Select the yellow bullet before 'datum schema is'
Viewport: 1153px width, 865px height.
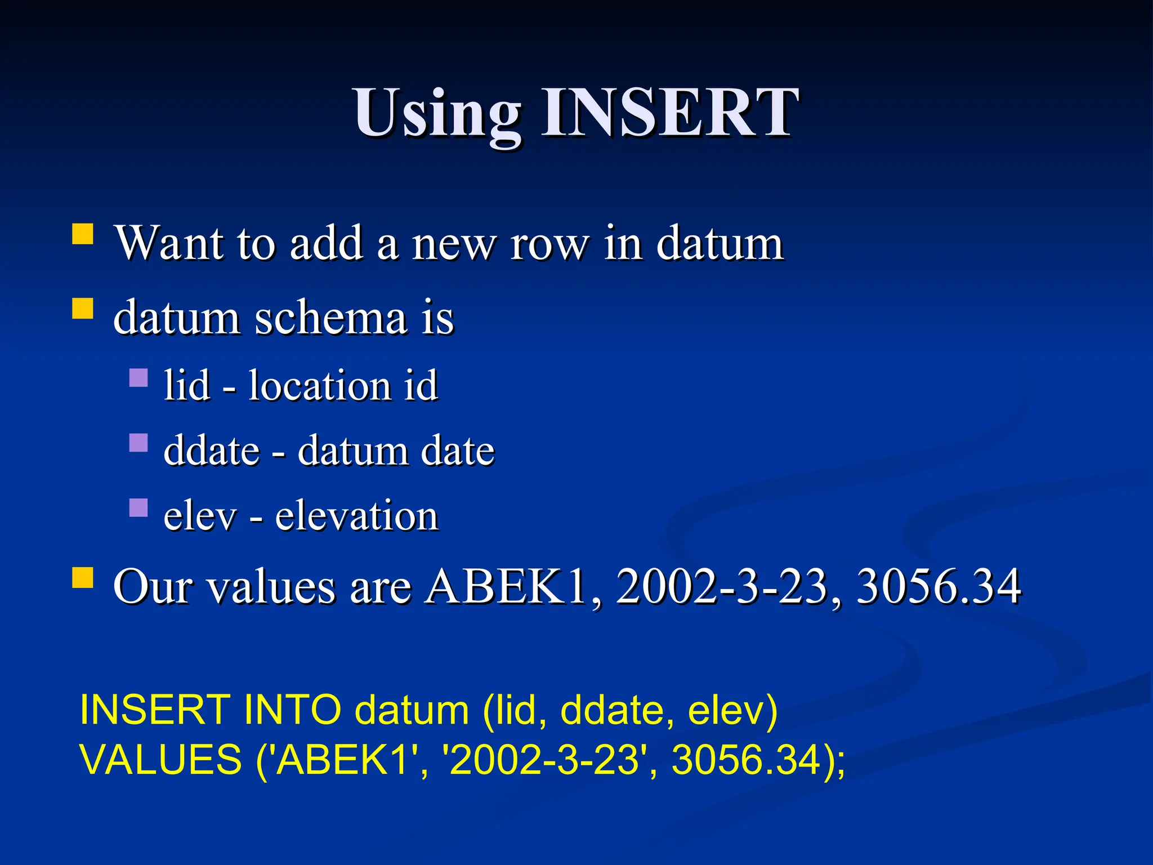(83, 309)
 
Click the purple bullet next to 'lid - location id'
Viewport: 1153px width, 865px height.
(138, 377)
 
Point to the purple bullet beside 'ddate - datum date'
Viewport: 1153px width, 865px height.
(138, 443)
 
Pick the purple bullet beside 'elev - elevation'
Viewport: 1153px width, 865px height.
(138, 507)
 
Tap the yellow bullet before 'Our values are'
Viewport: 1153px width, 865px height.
(83, 578)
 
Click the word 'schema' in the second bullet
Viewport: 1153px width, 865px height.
(331, 318)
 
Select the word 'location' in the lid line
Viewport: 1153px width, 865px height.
(319, 386)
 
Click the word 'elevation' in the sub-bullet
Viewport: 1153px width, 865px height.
(356, 516)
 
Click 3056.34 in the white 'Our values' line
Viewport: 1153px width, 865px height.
(939, 587)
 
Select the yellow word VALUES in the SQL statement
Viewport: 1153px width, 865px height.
(160, 760)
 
